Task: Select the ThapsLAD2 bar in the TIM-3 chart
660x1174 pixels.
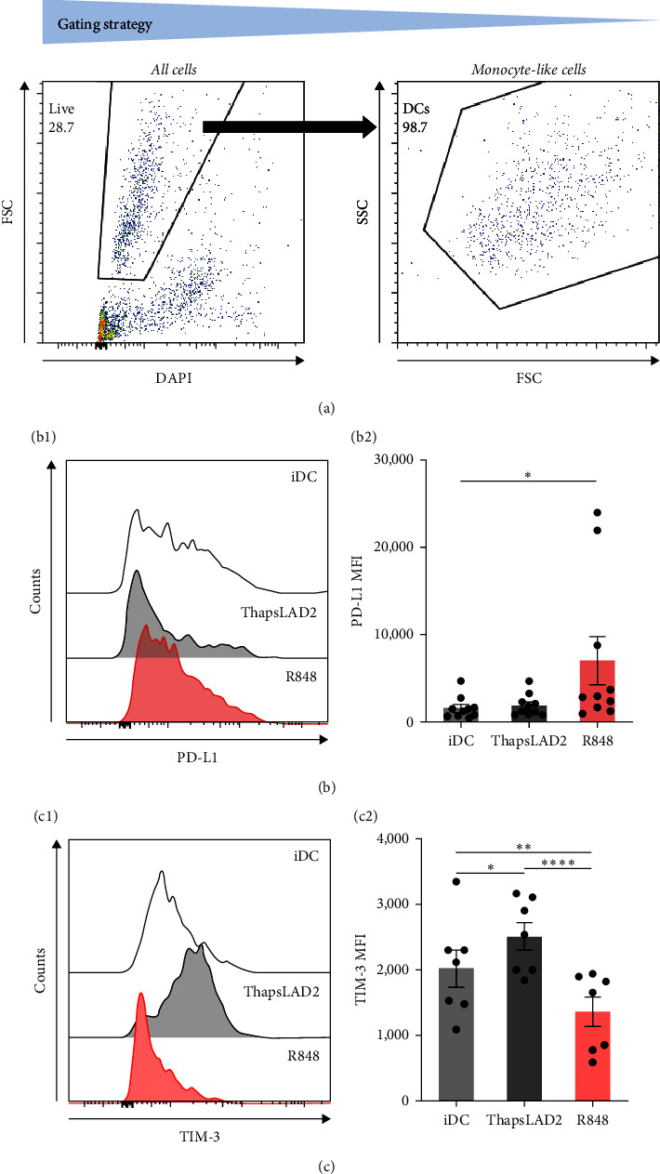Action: pos(510,1019)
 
